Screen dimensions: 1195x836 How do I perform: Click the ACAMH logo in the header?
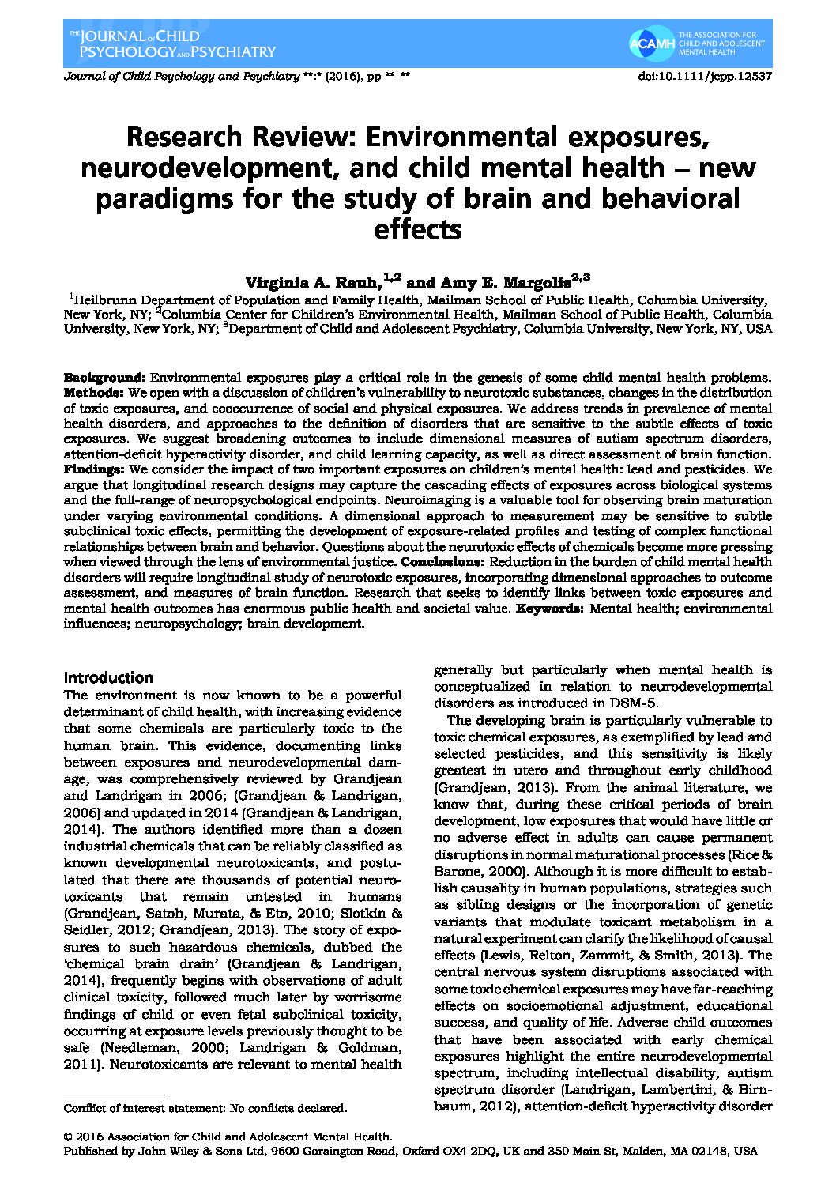point(652,44)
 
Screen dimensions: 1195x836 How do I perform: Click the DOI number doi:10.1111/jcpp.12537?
point(704,77)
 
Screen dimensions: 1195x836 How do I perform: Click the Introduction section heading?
point(108,677)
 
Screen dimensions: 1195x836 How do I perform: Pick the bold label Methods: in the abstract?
point(93,392)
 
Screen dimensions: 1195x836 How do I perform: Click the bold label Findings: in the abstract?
point(93,469)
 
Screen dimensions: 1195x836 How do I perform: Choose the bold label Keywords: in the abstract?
point(551,609)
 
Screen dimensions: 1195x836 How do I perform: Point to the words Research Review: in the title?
point(195,138)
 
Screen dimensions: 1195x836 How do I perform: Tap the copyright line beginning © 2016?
point(228,1137)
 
